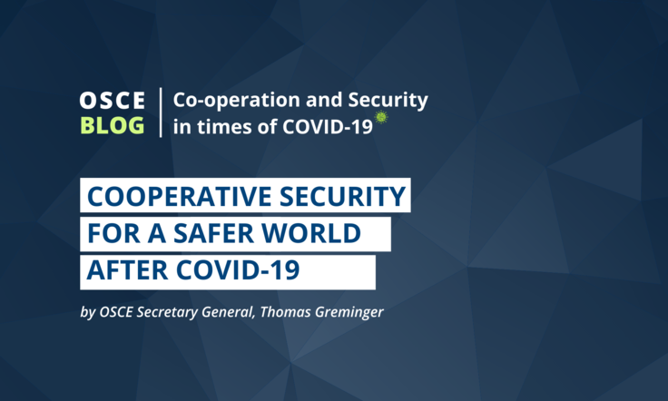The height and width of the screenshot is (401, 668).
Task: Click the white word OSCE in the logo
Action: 112,101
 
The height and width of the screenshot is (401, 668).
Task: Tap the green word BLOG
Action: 112,125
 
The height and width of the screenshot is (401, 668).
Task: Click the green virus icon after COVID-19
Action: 381,117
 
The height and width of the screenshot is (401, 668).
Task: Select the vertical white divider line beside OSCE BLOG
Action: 161,112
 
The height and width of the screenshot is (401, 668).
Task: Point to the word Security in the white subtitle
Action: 388,101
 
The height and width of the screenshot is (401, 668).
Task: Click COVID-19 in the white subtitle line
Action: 327,126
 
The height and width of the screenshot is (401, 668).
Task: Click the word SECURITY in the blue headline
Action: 342,196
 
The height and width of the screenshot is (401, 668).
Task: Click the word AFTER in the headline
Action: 127,269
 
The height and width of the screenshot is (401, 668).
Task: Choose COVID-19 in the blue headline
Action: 238,269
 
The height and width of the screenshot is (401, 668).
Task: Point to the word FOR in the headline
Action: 113,233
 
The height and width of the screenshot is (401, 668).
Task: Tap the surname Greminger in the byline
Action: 349,313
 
